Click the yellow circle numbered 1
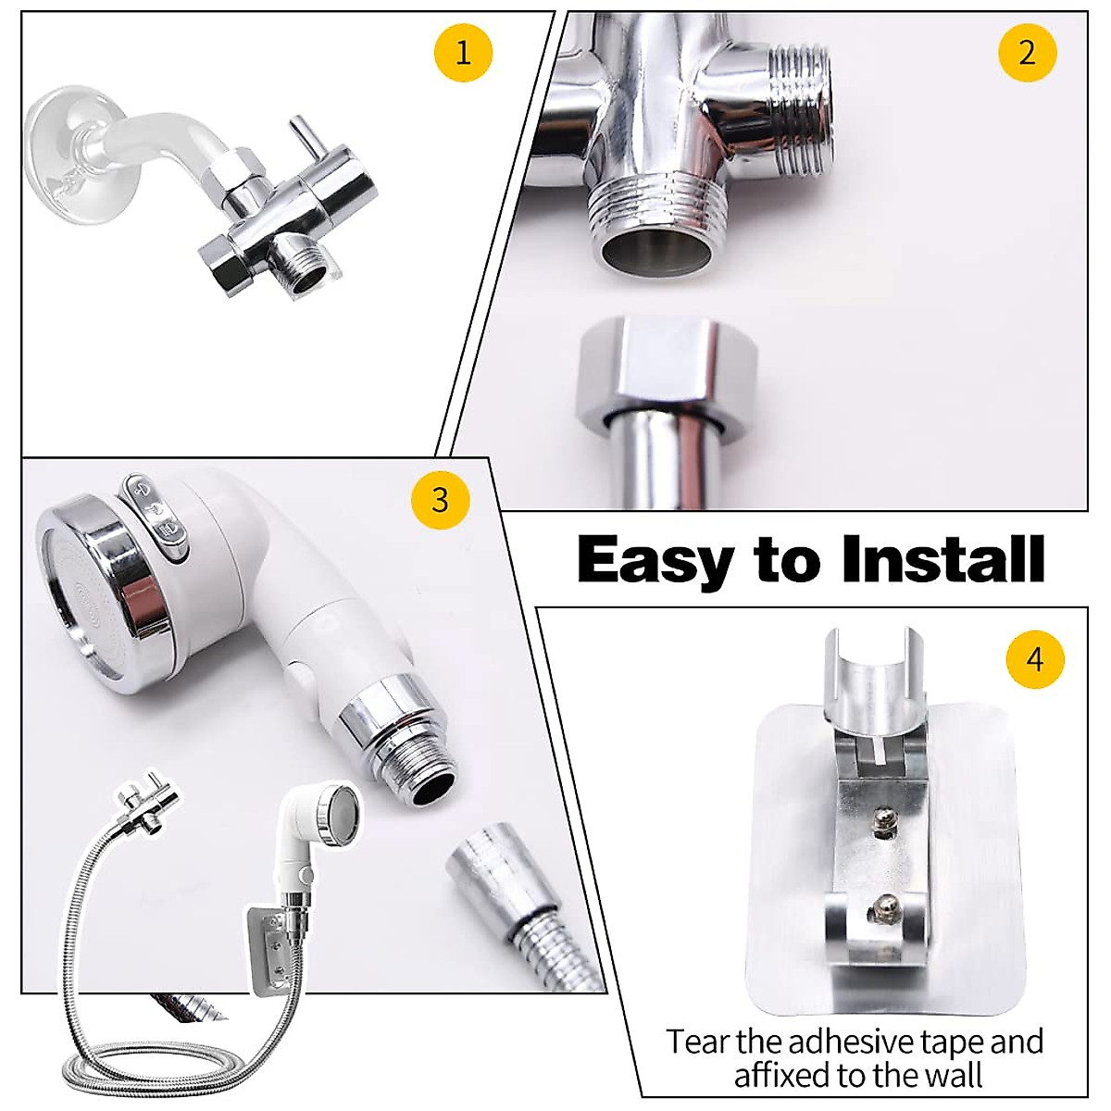[463, 52]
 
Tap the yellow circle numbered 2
[1027, 52]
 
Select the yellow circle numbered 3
[440, 500]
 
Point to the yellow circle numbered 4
[1035, 659]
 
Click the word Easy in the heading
[657, 560]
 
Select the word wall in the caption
[951, 1075]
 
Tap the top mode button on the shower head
[141, 488]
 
